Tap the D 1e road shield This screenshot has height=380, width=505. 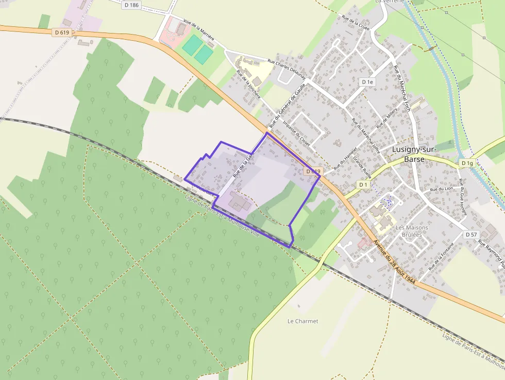[x=367, y=82]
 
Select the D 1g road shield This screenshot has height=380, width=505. [x=467, y=163]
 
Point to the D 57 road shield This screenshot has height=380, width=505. [x=471, y=235]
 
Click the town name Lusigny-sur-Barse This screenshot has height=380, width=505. [x=414, y=154]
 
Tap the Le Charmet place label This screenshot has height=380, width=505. [x=302, y=321]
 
